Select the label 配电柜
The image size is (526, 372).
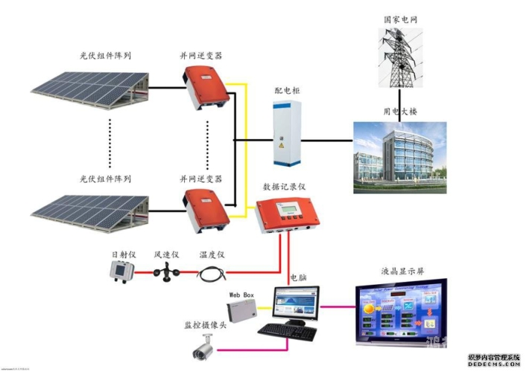(x=287, y=90)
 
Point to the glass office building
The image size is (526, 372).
(x=399, y=157)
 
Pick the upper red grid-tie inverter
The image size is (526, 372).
(x=203, y=87)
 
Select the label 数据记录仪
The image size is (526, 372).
(x=284, y=187)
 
